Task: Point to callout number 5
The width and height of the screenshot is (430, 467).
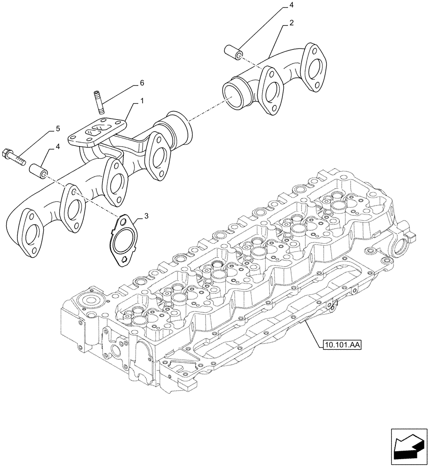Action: point(58,128)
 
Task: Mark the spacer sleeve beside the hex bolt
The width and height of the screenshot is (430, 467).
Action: point(38,171)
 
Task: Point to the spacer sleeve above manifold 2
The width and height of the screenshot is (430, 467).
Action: point(233,52)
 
